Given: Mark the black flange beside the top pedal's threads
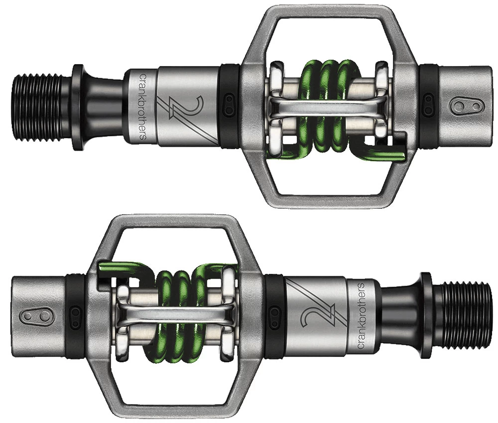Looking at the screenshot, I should point(78,106).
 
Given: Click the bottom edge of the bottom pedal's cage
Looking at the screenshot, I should point(174,411).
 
